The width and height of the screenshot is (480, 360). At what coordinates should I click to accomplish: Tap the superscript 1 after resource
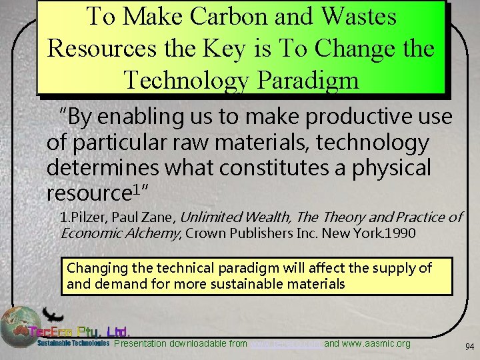137,189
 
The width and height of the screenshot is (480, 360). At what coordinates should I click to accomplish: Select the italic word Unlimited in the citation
211,218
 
